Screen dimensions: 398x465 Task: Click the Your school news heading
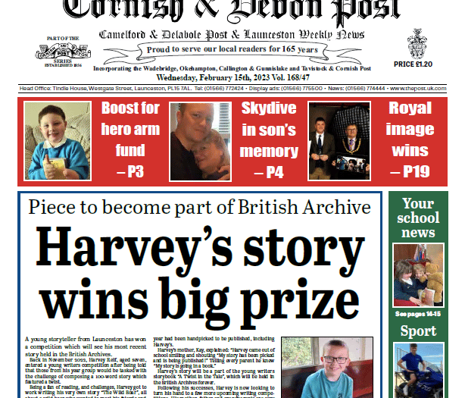(418, 218)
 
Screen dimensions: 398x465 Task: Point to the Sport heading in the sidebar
(418, 331)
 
